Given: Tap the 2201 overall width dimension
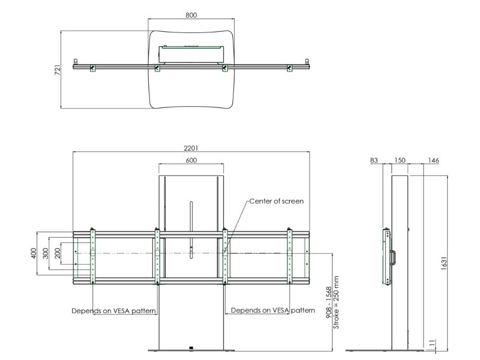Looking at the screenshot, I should (191, 148).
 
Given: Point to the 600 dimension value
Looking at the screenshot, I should (191, 160).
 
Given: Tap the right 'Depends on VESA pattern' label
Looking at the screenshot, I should (273, 311).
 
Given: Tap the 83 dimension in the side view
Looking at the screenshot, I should (374, 160).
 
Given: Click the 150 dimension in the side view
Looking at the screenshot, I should (400, 160).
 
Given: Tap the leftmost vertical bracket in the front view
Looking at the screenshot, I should (92, 257).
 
